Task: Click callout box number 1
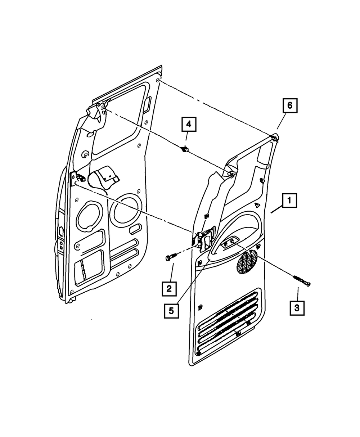[x=289, y=201]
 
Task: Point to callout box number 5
[x=171, y=310]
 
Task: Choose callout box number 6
[x=290, y=107]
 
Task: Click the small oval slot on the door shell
[x=136, y=229]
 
